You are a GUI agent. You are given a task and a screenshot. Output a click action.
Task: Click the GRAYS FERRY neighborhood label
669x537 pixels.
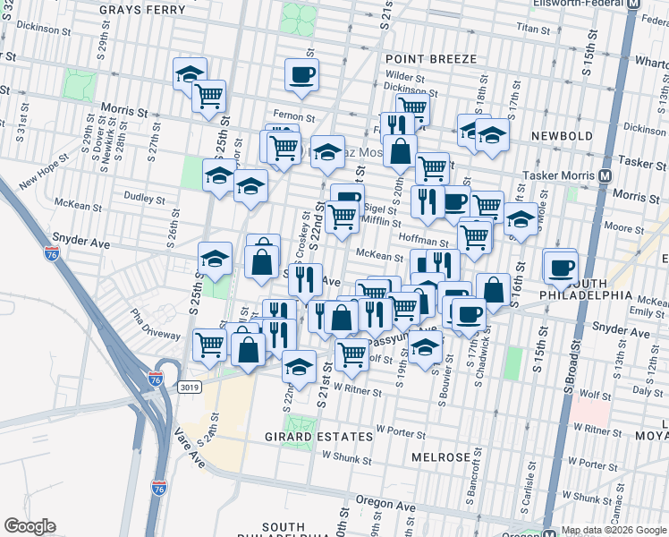click(x=143, y=10)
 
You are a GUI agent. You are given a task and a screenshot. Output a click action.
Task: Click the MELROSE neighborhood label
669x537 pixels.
click(x=441, y=456)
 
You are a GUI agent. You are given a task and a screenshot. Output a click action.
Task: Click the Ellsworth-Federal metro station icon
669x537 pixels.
click(x=634, y=4)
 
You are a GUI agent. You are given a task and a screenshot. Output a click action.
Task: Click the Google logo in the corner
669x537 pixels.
click(x=30, y=526)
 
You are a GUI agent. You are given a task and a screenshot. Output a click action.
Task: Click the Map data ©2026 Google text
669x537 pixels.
click(x=613, y=530)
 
